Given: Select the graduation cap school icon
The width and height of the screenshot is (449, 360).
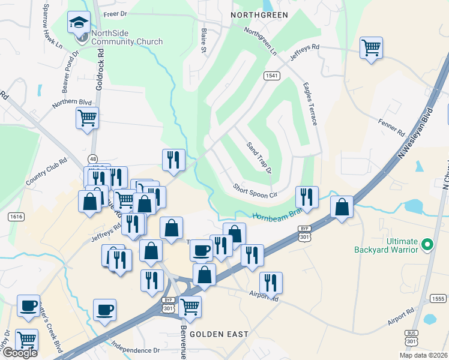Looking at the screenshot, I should click(x=79, y=23).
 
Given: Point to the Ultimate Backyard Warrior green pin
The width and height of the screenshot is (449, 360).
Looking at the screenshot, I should click(x=427, y=244).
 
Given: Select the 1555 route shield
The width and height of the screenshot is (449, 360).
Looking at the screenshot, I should click(x=437, y=298).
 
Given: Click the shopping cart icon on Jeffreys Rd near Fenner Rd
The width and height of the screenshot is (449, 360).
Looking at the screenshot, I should click(x=372, y=47).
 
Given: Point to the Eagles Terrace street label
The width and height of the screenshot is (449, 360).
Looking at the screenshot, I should click(x=310, y=104).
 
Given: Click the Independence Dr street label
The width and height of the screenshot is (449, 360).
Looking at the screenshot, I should click(x=135, y=346).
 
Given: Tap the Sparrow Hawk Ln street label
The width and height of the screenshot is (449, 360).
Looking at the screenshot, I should click(x=52, y=25).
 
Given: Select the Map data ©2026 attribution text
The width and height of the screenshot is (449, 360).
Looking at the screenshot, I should click(x=423, y=355).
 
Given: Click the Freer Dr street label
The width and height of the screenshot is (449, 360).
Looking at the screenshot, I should click(x=116, y=13).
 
